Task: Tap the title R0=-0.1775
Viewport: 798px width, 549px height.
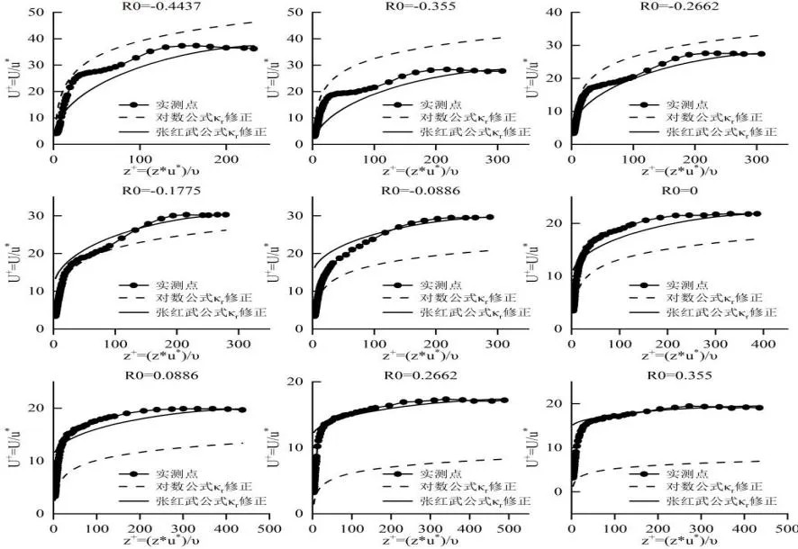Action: click(x=149, y=190)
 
